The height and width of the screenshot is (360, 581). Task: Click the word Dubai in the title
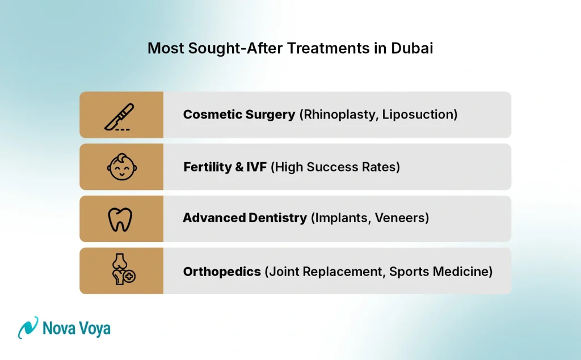pyautogui.click(x=412, y=48)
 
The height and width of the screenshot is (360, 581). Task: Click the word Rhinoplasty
pyautogui.click(x=339, y=115)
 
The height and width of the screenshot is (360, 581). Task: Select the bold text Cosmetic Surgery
pyautogui.click(x=239, y=115)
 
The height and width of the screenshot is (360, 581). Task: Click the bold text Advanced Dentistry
pyautogui.click(x=245, y=218)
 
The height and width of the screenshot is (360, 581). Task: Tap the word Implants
pyautogui.click(x=340, y=218)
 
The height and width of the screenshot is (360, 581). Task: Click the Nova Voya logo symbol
pyautogui.click(x=28, y=328)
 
